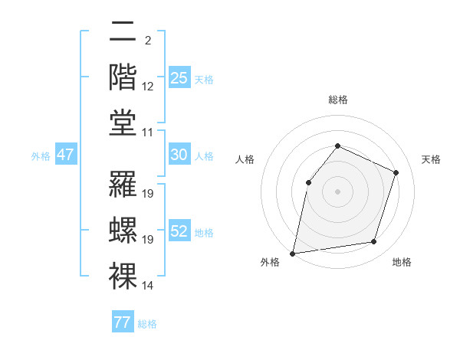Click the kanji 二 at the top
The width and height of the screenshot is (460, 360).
click(123, 34)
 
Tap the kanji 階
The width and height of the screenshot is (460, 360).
click(123, 77)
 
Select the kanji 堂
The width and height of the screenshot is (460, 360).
click(123, 122)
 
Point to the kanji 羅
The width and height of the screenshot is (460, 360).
click(123, 184)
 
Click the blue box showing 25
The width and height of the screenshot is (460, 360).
click(179, 77)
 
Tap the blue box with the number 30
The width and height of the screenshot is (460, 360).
click(179, 155)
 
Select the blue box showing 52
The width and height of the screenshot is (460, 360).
click(179, 231)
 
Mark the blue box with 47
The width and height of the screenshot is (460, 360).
click(65, 155)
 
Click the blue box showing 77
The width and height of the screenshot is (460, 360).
click(122, 322)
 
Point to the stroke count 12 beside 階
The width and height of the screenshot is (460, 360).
click(148, 87)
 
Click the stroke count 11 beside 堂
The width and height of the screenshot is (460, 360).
click(148, 133)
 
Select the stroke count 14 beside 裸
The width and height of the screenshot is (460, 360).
click(148, 286)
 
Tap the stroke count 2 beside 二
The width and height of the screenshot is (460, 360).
click(147, 40)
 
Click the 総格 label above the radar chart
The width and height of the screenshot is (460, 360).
click(337, 100)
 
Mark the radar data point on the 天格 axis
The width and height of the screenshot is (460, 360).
click(396, 172)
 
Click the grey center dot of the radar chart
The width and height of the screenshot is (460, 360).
click(337, 191)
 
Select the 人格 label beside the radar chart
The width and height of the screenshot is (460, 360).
click(245, 159)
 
